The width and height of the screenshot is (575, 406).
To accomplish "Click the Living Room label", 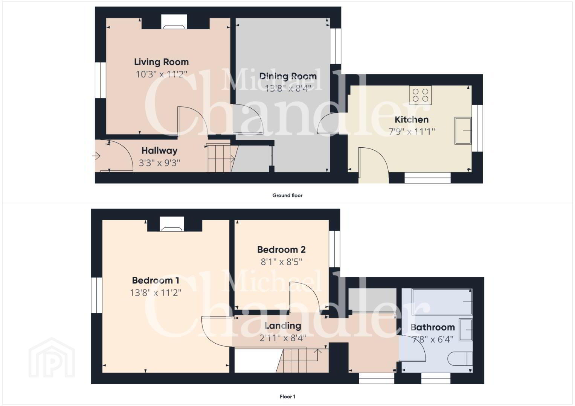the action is click(x=161, y=62).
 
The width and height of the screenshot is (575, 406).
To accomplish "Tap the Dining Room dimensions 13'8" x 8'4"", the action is click(x=288, y=88).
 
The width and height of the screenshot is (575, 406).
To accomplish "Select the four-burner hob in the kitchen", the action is click(x=420, y=95).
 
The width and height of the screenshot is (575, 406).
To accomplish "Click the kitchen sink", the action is click(x=463, y=131).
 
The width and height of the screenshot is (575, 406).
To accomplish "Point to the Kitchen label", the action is click(x=412, y=120).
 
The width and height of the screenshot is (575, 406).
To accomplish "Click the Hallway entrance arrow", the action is click(x=96, y=156).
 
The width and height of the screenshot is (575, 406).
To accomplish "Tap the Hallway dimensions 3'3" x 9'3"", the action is click(x=159, y=163).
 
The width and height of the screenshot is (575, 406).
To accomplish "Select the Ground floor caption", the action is click(x=287, y=195).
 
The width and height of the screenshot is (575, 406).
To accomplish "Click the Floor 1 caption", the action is click(x=287, y=397).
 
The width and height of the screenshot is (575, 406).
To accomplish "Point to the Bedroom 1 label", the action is click(x=155, y=280).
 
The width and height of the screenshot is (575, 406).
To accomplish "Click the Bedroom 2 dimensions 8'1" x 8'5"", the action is click(x=281, y=262).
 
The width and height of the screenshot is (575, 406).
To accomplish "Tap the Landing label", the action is click(x=283, y=326).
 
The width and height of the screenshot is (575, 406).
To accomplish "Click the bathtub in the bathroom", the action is click(x=442, y=301).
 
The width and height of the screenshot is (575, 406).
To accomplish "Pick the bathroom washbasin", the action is click(x=466, y=330).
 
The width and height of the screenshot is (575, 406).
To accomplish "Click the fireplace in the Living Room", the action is click(x=174, y=22).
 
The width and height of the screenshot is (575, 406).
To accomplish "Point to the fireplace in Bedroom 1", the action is click(x=172, y=224).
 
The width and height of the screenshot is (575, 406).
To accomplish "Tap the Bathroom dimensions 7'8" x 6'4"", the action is click(x=433, y=339).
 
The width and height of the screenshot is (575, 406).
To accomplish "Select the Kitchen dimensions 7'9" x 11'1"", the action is click(x=412, y=132).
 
